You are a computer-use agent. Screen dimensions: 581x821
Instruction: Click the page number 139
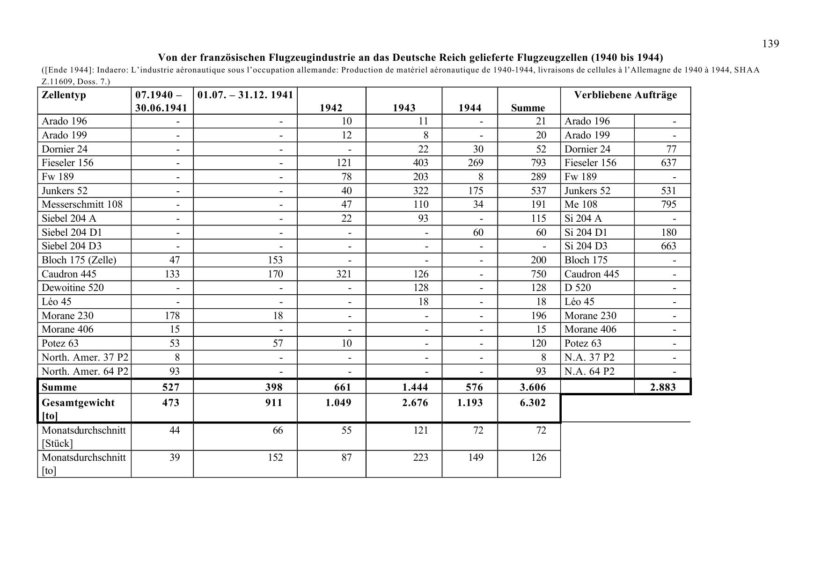770,44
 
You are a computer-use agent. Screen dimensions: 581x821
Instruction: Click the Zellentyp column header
64,95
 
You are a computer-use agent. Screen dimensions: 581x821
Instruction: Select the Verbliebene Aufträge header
625,95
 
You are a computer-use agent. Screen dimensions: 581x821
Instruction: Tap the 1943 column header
404,108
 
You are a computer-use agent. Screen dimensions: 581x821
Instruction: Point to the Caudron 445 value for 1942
344,274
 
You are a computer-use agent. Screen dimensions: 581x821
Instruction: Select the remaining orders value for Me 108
668,204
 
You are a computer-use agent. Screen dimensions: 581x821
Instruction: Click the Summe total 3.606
533,387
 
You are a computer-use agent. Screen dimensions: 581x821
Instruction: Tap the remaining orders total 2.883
663,387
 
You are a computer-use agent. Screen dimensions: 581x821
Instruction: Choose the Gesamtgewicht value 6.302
533,403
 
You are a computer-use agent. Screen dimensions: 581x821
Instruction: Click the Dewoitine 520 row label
73,288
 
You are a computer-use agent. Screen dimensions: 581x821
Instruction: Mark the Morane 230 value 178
172,316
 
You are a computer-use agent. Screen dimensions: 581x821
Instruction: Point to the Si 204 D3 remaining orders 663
668,246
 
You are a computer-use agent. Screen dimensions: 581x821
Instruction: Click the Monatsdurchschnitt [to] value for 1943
420,458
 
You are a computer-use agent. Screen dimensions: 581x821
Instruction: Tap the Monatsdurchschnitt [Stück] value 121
420,430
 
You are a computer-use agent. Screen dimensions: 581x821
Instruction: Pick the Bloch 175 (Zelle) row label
79,260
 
